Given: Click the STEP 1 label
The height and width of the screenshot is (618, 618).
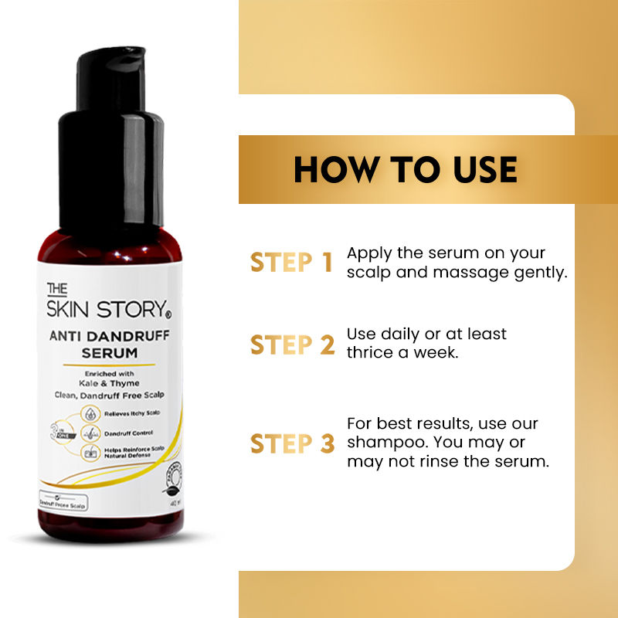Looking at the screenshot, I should [x=291, y=263].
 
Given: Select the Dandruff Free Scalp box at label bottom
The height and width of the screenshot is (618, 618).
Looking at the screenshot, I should [x=64, y=503].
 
